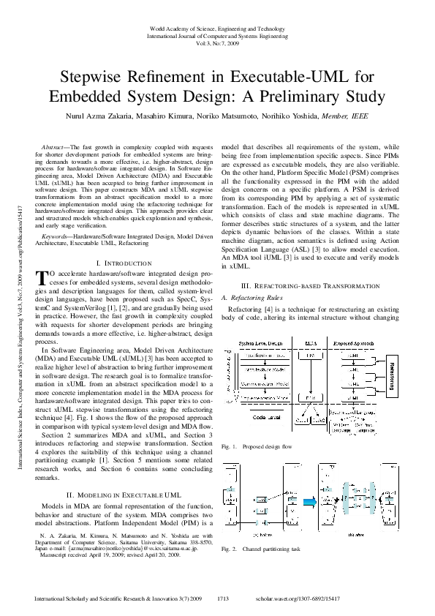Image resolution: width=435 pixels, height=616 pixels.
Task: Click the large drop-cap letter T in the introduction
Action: pyautogui.click(x=41, y=277)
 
